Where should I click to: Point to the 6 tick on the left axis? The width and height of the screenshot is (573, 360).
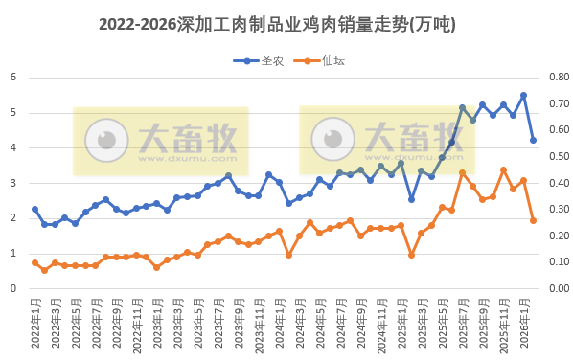(13, 78)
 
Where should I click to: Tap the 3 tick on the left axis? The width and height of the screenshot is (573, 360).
(13, 183)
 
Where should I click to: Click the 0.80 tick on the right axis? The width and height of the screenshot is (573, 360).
(557, 78)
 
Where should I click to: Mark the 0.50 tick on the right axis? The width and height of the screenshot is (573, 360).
(557, 157)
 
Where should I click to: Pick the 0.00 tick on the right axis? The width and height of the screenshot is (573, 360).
(557, 288)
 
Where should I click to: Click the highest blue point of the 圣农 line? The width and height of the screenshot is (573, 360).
(523, 95)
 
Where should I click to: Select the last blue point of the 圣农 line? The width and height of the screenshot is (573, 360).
(534, 140)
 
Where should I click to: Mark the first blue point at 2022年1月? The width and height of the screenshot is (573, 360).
(34, 209)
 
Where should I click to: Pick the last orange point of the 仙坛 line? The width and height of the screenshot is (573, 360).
(534, 220)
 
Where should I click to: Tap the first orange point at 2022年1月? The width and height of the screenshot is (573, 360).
(34, 262)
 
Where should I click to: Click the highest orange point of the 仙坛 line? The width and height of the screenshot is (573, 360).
(503, 169)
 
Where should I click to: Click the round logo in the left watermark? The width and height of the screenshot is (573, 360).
(106, 141)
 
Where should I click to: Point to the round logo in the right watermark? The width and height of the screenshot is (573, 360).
(333, 141)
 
